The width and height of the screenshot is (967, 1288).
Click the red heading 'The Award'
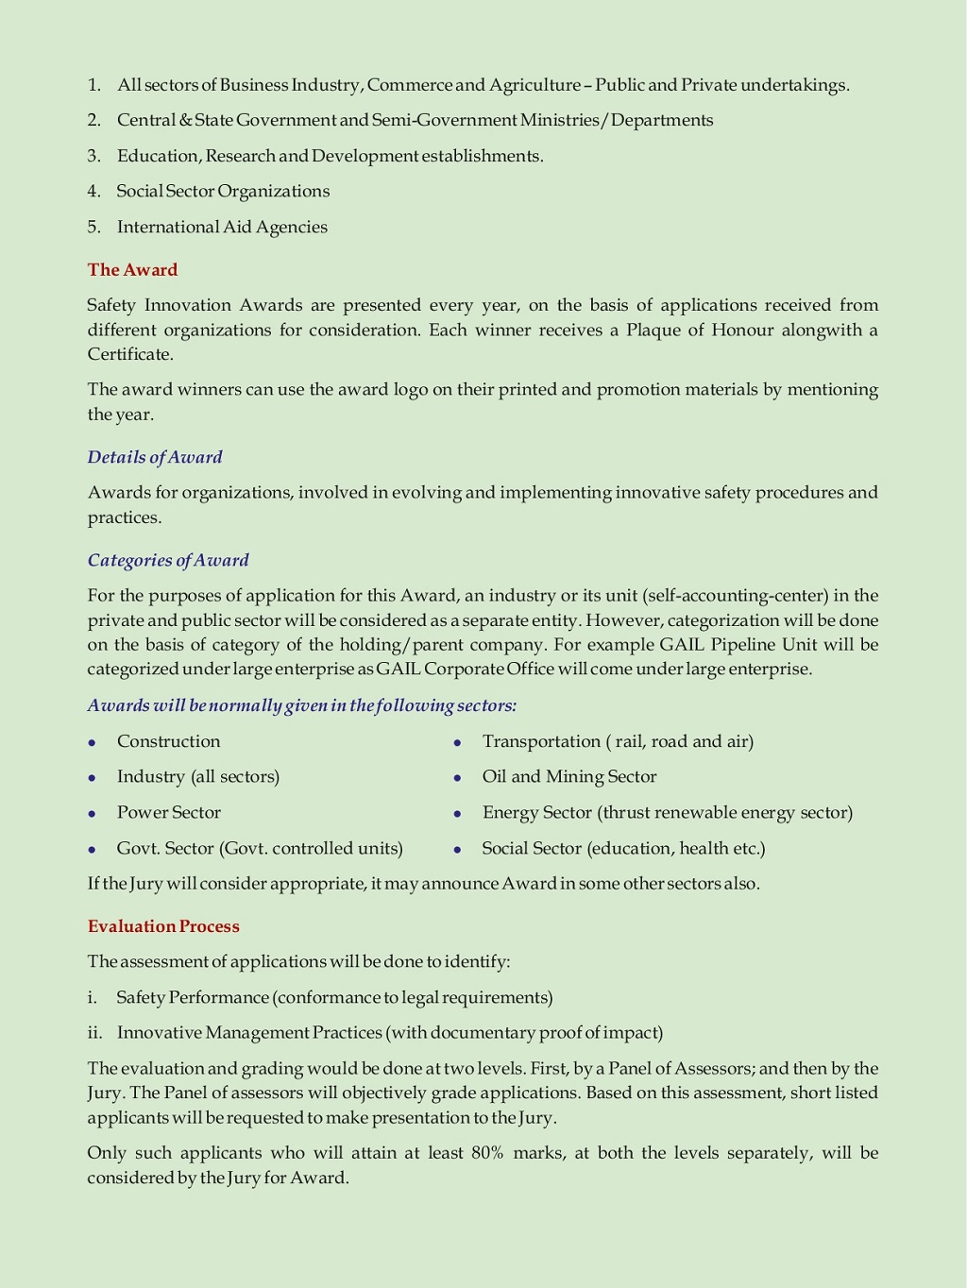point(132,270)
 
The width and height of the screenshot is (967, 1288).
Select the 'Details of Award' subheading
point(155,457)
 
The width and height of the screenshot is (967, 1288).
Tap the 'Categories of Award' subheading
point(168,560)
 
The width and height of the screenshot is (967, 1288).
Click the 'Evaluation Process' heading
point(163,926)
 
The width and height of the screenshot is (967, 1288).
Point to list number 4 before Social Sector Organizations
point(93,192)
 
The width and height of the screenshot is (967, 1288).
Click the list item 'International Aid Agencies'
point(222,227)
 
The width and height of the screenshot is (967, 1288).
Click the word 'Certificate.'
point(130,354)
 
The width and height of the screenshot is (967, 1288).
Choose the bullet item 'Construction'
point(168,741)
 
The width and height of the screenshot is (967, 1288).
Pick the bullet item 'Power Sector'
point(168,812)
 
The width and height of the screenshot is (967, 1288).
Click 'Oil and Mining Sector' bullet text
point(568,776)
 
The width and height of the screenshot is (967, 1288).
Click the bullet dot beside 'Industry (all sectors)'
point(92,778)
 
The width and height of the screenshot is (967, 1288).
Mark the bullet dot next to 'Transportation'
point(457,743)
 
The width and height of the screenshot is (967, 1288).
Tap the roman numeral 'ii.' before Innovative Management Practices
point(94,1033)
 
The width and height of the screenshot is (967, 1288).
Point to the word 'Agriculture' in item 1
point(534,85)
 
